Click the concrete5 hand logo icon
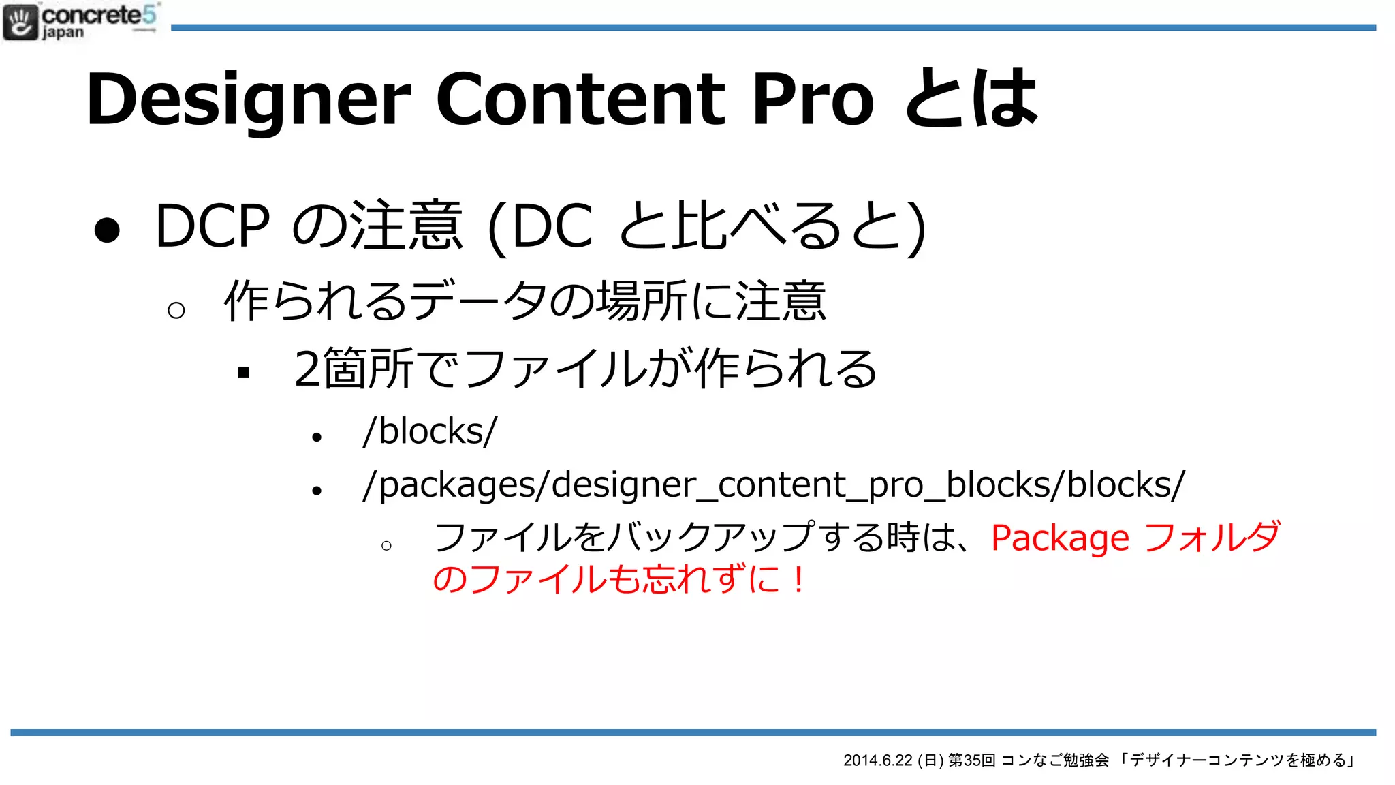(20, 22)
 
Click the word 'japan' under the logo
(63, 33)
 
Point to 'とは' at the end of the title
(971, 99)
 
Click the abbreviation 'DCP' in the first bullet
(213, 226)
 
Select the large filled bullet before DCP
(107, 230)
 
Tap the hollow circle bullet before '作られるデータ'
(176, 311)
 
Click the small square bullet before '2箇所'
(243, 372)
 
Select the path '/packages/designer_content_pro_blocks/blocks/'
(774, 485)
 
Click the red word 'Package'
(1060, 538)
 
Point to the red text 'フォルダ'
(1212, 537)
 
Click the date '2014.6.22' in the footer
(877, 760)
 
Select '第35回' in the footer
(972, 760)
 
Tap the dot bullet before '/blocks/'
(316, 437)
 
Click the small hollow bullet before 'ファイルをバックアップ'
(386, 546)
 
